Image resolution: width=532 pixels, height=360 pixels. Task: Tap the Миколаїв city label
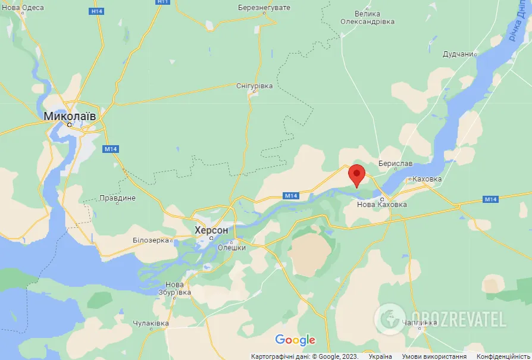[x=70, y=116]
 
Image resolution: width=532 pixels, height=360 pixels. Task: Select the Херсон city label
[x=211, y=230]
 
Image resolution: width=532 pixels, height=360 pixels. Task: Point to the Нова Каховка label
[x=381, y=205]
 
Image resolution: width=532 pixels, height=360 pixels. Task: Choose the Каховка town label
[x=427, y=179]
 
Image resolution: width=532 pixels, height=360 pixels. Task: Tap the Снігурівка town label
[x=254, y=86]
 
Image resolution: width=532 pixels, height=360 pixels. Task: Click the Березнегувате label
[x=263, y=7]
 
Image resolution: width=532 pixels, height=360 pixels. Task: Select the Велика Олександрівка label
[x=367, y=17]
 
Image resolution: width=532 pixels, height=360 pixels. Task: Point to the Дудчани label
[x=458, y=54]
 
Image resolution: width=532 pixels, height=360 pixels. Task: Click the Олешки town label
[x=231, y=248]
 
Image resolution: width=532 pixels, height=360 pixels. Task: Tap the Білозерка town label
[x=152, y=240]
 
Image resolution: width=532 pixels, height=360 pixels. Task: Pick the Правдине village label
[x=117, y=198]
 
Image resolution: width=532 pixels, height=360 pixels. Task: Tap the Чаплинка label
[x=420, y=323]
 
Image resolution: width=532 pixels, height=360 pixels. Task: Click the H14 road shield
[x=96, y=11]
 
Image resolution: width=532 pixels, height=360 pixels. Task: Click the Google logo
[x=295, y=340]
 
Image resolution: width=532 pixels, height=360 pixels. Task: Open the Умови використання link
[x=433, y=356]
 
